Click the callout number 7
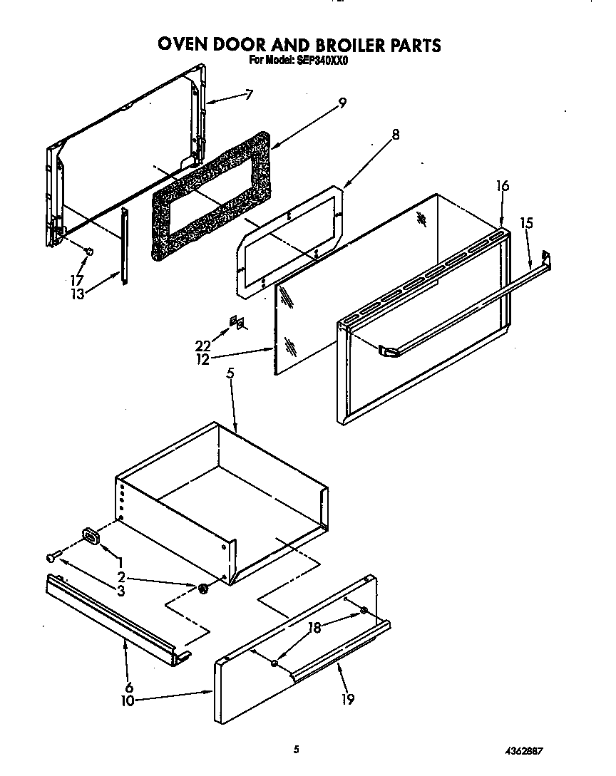pos(248,95)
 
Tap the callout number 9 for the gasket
pos(342,103)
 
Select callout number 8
pos(396,135)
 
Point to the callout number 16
pos(503,186)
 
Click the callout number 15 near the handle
pos(526,223)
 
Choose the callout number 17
pos(76,280)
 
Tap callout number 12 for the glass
pos(203,360)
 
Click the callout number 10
pos(128,701)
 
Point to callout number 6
pos(129,687)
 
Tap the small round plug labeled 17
pos(88,252)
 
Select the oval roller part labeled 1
pos(91,534)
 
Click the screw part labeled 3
pos(53,557)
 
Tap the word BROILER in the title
pos(345,45)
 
